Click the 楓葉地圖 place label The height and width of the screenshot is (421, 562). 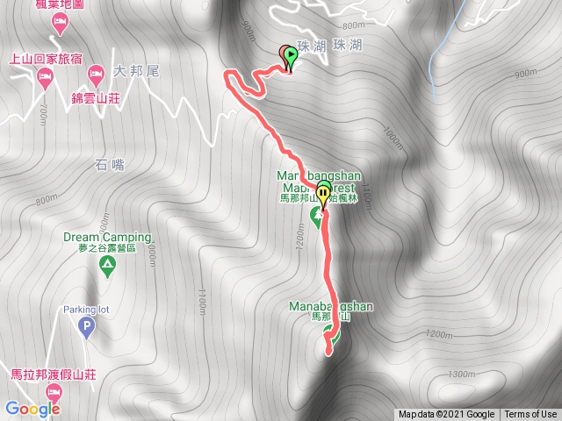pos(59,5)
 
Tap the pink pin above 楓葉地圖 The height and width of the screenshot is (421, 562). pos(60,25)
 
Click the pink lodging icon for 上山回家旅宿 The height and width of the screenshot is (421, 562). pos(45,78)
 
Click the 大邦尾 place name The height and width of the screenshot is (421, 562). pos(136,70)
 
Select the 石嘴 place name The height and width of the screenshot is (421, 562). pos(104,163)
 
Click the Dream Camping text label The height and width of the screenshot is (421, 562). pos(107,237)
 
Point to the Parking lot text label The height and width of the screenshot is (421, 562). pos(86,310)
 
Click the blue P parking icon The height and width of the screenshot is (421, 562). pos(86,329)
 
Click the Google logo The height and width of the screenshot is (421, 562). pos(32,409)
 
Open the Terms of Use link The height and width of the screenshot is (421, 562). pos(530,415)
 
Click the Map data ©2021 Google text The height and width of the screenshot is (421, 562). pos(446,415)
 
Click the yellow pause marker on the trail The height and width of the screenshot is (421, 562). pos(323,194)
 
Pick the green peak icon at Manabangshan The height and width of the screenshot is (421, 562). pos(330,332)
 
